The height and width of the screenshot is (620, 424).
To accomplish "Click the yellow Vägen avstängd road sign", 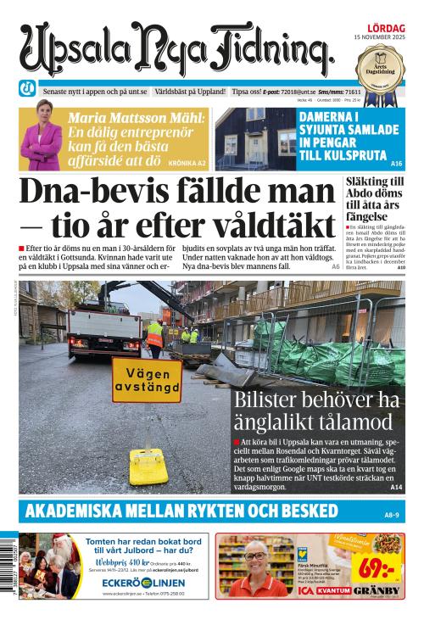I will [x=146, y=379].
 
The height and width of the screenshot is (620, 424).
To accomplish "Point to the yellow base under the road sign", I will [x=147, y=465].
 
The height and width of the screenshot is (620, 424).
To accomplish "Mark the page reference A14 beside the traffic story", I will [x=396, y=488].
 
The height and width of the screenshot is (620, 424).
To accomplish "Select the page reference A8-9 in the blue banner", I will [x=391, y=514].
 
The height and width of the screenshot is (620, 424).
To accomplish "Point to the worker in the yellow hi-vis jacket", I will [x=154, y=337].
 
